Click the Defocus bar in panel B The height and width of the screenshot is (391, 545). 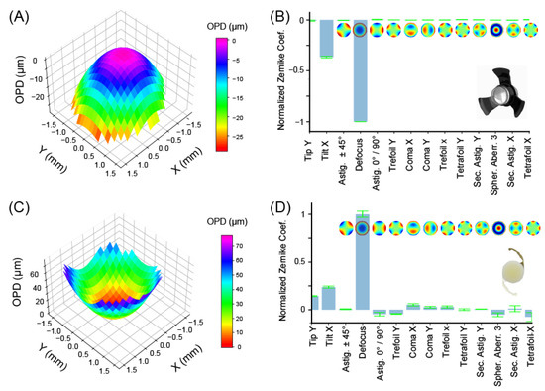(x=362, y=69)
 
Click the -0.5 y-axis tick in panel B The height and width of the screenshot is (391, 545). (x=301, y=70)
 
